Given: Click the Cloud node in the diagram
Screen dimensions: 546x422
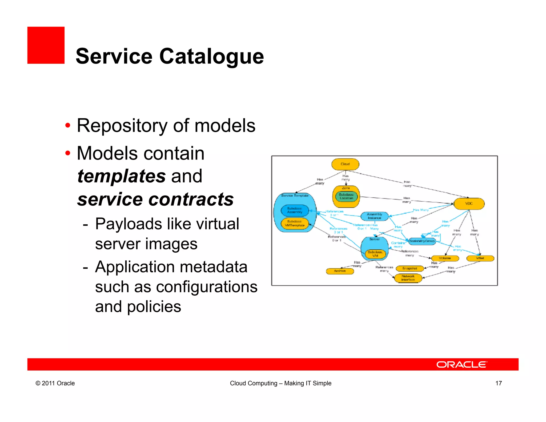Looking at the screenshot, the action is pos(345,164).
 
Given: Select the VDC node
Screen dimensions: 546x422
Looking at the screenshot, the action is pos(469,204).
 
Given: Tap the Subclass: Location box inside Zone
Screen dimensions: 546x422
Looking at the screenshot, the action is pos(346,196).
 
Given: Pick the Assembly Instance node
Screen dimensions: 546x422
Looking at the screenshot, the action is pos(374,216).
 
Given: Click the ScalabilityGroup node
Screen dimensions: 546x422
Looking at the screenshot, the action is pos(422,241).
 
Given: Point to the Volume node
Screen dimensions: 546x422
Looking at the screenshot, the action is pos(445,258).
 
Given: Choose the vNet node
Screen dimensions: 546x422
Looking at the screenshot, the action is pos(480,258).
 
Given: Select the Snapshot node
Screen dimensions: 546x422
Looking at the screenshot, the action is pos(410,268).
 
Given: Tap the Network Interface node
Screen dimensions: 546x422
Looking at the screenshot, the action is pos(408,278).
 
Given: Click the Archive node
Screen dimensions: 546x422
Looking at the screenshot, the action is pos(340,271).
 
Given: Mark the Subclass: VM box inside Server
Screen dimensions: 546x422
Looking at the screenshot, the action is pos(375,254).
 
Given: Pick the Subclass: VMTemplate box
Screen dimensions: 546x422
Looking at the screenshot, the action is pos(295,224).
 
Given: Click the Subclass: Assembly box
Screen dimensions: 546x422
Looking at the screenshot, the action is pos(295,210).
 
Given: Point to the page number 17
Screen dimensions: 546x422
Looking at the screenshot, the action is pos(499,383).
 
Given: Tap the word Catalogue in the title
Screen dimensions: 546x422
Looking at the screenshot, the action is pos(211,56).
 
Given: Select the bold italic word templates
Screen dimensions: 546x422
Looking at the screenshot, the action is pos(122,176).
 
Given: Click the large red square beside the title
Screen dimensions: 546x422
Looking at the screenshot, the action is pos(46,45).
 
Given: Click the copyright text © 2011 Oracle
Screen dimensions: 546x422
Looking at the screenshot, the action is pos(55,383).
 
